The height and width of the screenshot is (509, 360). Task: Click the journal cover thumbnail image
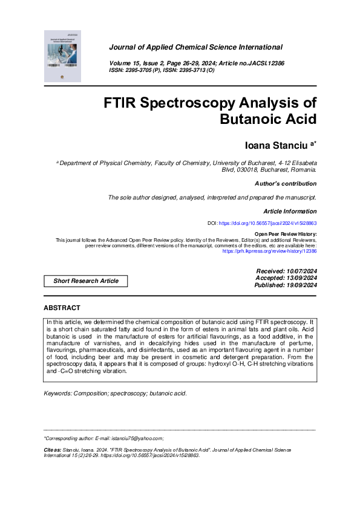tap(62, 56)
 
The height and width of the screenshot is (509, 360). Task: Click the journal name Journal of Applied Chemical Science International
tap(195, 47)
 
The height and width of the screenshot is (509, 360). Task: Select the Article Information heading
tap(290, 212)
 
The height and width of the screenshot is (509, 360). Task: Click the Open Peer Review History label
tap(285, 234)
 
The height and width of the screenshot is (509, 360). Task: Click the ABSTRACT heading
tap(62, 308)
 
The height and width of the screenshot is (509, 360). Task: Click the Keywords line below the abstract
tap(116, 393)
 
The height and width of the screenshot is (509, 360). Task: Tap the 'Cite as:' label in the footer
tap(53, 450)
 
